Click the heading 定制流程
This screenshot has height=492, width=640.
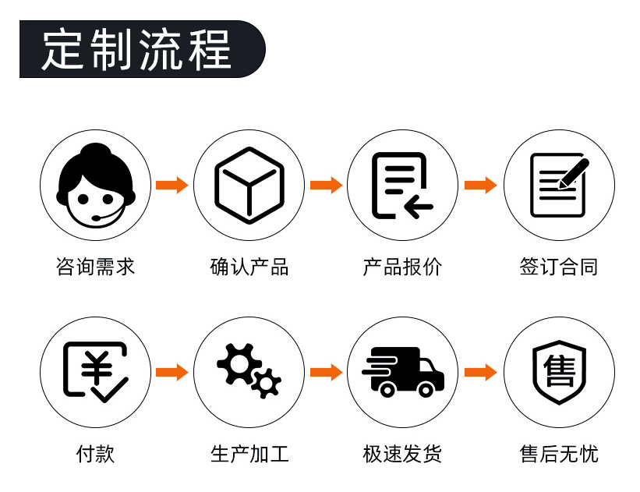click(137, 49)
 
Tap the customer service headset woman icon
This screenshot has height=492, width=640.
click(95, 185)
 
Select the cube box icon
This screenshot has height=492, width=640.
click(249, 186)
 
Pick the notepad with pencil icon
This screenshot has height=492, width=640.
click(558, 186)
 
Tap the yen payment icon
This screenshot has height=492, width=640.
click(95, 372)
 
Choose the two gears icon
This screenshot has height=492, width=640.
click(249, 372)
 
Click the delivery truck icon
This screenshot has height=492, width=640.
click(402, 372)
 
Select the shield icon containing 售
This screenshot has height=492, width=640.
click(558, 372)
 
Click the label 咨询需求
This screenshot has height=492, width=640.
click(95, 267)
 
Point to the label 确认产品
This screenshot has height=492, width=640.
click(249, 267)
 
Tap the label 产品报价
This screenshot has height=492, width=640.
click(402, 267)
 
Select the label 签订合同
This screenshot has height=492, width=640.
click(558, 267)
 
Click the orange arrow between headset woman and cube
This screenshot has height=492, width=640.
click(171, 186)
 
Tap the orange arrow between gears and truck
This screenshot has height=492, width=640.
click(326, 372)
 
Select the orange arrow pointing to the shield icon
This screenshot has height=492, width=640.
click(480, 372)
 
